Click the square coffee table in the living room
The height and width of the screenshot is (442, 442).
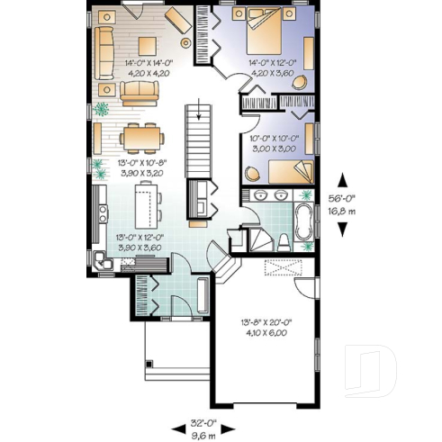tap(145, 44)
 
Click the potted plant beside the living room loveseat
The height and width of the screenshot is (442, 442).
tap(103, 109)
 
